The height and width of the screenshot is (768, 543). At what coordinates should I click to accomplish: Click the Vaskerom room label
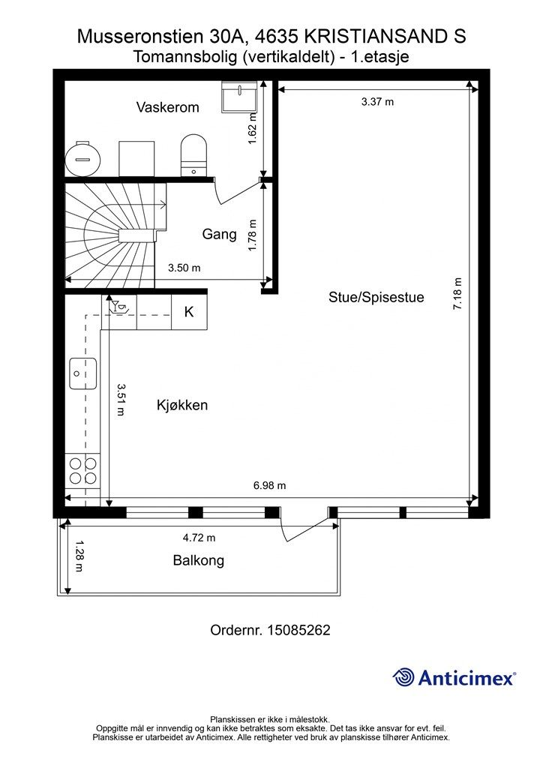tap(167, 107)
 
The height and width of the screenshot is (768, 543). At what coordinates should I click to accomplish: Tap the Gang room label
tap(219, 234)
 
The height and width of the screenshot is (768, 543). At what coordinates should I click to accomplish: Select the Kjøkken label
tap(182, 405)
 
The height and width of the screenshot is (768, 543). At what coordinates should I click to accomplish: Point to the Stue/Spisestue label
tap(376, 297)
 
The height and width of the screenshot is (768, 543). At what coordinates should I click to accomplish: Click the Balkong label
tap(198, 559)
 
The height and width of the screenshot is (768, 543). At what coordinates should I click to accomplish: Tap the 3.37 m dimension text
tap(377, 102)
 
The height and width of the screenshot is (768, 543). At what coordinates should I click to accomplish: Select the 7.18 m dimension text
tap(457, 293)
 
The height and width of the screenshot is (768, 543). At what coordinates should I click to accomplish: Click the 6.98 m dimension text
tap(270, 485)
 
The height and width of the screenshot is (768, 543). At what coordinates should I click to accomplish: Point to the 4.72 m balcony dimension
tap(199, 538)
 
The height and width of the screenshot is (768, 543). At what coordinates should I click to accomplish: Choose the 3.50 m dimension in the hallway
tap(184, 268)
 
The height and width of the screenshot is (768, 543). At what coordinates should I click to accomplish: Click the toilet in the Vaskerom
tap(193, 154)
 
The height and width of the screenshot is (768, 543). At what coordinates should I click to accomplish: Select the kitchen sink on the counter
tap(82, 373)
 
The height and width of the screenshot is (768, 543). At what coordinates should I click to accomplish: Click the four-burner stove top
tap(82, 471)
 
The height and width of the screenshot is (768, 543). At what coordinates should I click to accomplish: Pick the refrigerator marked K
tap(189, 312)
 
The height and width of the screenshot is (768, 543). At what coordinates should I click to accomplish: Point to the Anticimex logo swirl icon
tap(403, 677)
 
